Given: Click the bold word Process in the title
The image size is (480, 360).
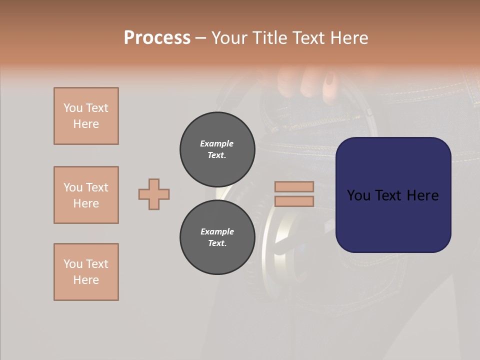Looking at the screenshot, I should [157, 38].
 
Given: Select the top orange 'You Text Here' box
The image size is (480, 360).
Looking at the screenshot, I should [86, 116].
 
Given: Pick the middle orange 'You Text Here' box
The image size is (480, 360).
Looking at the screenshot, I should [86, 195].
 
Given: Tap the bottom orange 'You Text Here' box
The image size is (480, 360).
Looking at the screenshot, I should [86, 272].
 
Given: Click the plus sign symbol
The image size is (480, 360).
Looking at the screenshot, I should [154, 194].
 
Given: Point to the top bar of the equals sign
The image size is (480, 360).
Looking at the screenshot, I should [294, 186].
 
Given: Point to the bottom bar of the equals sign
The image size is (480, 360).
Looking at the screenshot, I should [294, 201].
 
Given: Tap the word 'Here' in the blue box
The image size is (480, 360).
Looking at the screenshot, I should [422, 195].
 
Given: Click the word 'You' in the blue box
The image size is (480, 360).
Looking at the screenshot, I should [358, 195].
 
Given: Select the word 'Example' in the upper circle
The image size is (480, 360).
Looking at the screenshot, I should [217, 143].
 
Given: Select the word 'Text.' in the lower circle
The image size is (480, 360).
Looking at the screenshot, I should [217, 243].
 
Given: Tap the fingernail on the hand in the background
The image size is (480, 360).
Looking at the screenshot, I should [330, 80].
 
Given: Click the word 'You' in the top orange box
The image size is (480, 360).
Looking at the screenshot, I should [72, 108].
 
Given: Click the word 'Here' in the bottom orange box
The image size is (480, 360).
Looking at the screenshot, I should [86, 280].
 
